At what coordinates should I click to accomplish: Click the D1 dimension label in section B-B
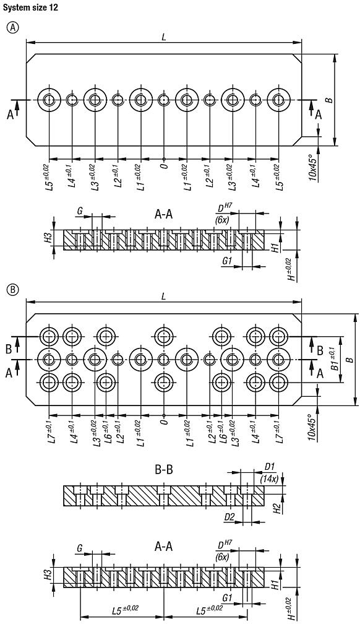(269, 466)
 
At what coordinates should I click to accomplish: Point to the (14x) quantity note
(269, 478)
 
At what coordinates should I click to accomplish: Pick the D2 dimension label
(229, 516)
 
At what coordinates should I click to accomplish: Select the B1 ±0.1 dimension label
(335, 358)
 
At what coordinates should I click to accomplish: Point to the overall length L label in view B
(163, 297)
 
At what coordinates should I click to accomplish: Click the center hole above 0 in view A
(163, 100)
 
